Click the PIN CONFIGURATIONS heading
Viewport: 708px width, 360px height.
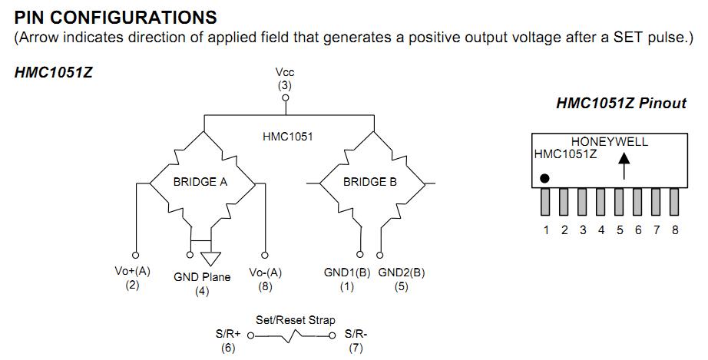tap(115, 16)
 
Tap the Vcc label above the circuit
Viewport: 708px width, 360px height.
tap(285, 73)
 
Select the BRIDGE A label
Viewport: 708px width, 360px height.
tap(200, 183)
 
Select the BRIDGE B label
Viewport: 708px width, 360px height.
tap(370, 183)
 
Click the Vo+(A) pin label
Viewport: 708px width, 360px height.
tap(132, 271)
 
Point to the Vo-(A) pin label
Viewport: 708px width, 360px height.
tap(266, 272)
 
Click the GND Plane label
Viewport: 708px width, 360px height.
tap(202, 277)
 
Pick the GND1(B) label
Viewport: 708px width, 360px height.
tap(347, 272)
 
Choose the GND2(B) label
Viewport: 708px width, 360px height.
tap(402, 272)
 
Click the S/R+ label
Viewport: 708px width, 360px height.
tap(228, 335)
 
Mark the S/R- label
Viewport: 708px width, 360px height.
tap(356, 335)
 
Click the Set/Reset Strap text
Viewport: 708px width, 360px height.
tap(296, 320)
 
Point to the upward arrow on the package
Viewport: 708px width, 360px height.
tap(624, 164)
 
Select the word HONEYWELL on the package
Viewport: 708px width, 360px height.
tap(610, 142)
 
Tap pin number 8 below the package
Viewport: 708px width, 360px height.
tap(675, 230)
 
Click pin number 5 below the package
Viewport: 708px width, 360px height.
tap(620, 230)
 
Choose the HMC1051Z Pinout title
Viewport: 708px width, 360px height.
tap(620, 103)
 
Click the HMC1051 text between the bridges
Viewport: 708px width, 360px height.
tap(288, 137)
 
